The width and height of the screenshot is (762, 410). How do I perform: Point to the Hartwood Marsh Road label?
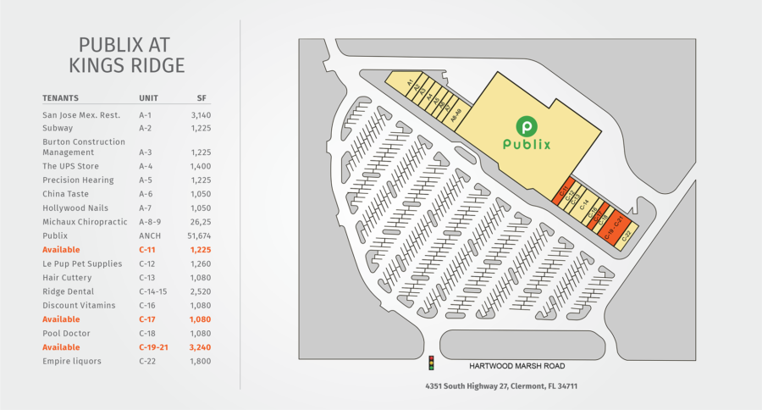click(x=517, y=366)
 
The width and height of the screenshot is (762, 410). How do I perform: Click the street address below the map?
click(x=501, y=386)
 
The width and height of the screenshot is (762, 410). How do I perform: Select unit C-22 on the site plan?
click(x=627, y=238)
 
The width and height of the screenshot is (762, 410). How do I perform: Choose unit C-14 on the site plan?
click(x=583, y=204)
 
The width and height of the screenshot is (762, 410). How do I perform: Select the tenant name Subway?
click(x=58, y=128)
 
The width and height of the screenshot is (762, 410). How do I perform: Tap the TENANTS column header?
click(x=61, y=97)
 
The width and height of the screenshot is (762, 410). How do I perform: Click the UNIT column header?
click(x=148, y=97)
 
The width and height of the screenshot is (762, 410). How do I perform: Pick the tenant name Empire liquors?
click(x=71, y=362)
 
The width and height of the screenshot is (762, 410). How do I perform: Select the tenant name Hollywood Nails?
click(x=75, y=208)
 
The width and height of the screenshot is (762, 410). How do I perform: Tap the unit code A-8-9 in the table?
click(x=151, y=222)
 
